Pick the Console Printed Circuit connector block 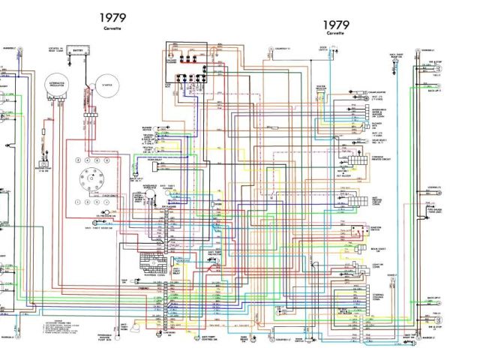tap(346, 160)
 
